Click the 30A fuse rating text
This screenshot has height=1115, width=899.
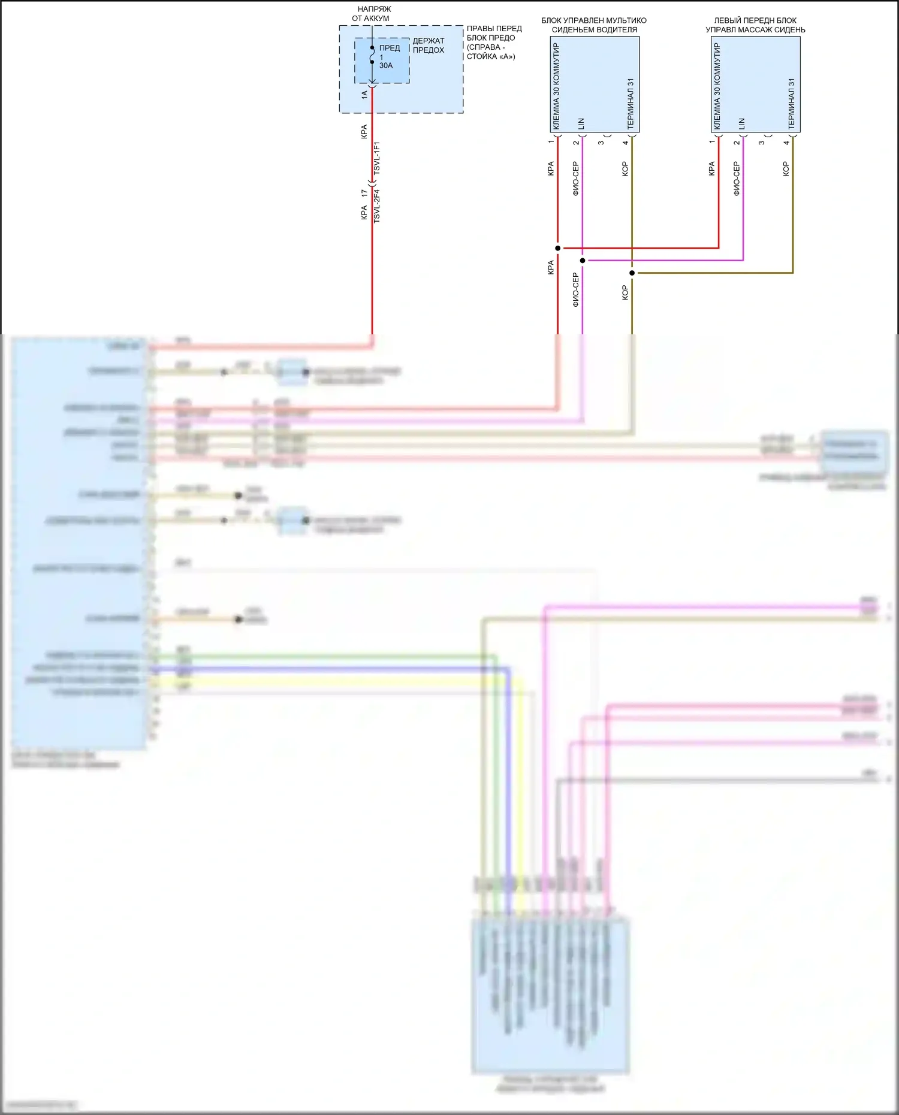tap(386, 66)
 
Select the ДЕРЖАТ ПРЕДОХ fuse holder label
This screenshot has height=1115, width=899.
tap(429, 46)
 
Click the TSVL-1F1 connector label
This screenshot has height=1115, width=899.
tap(377, 158)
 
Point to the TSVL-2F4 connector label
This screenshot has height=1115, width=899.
tap(377, 206)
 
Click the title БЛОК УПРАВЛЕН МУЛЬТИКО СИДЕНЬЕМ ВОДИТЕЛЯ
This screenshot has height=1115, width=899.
tap(594, 25)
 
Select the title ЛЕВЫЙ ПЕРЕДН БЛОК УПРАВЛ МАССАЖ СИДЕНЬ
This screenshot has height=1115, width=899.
tap(755, 25)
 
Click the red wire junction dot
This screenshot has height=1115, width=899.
tap(558, 248)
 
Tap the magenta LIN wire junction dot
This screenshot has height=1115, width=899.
tap(583, 261)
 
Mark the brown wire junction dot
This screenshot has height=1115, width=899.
tap(632, 273)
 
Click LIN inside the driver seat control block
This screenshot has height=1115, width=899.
tap(581, 124)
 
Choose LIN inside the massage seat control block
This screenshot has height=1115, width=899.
tap(742, 124)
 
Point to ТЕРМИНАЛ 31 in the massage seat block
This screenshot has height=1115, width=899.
tap(791, 104)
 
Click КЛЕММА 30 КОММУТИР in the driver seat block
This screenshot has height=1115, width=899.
tap(556, 86)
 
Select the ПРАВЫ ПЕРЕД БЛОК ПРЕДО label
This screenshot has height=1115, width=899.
tap(494, 42)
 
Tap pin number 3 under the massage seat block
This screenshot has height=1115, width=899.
tap(762, 143)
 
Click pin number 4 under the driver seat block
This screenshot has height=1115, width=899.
tap(626, 143)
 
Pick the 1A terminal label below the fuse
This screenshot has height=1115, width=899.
tap(364, 94)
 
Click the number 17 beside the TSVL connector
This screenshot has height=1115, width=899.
tap(364, 194)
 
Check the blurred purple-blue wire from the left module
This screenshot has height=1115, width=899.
tap(330, 669)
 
